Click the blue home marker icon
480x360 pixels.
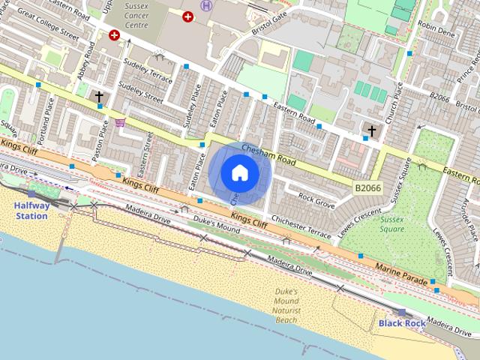239,173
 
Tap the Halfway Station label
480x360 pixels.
31,211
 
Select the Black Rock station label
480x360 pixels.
402,323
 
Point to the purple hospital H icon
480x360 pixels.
206,6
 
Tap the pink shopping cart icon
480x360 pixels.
120,122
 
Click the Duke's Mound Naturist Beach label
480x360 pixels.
286,305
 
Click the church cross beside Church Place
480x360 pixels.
370,131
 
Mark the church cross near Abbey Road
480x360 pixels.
99,97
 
